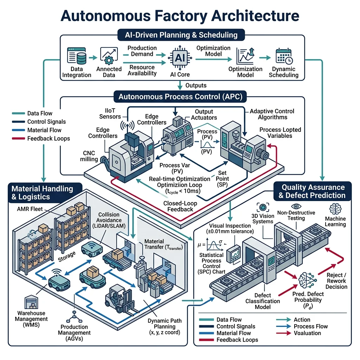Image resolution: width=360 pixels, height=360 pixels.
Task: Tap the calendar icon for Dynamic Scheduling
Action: pyautogui.click(x=283, y=56)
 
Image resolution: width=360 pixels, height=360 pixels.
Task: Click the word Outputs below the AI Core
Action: pyautogui.click(x=196, y=85)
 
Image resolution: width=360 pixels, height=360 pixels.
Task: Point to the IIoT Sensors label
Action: pyautogui.click(x=110, y=114)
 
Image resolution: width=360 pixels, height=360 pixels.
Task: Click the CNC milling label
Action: pyautogui.click(x=89, y=156)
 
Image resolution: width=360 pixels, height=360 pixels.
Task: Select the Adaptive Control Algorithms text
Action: pyautogui.click(x=272, y=114)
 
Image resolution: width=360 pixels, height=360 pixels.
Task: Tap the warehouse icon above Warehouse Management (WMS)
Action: pyautogui.click(x=30, y=302)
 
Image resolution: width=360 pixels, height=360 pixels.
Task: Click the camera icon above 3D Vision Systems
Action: pyautogui.click(x=262, y=207)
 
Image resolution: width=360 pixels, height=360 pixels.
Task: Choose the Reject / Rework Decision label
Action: pyautogui.click(x=336, y=281)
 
